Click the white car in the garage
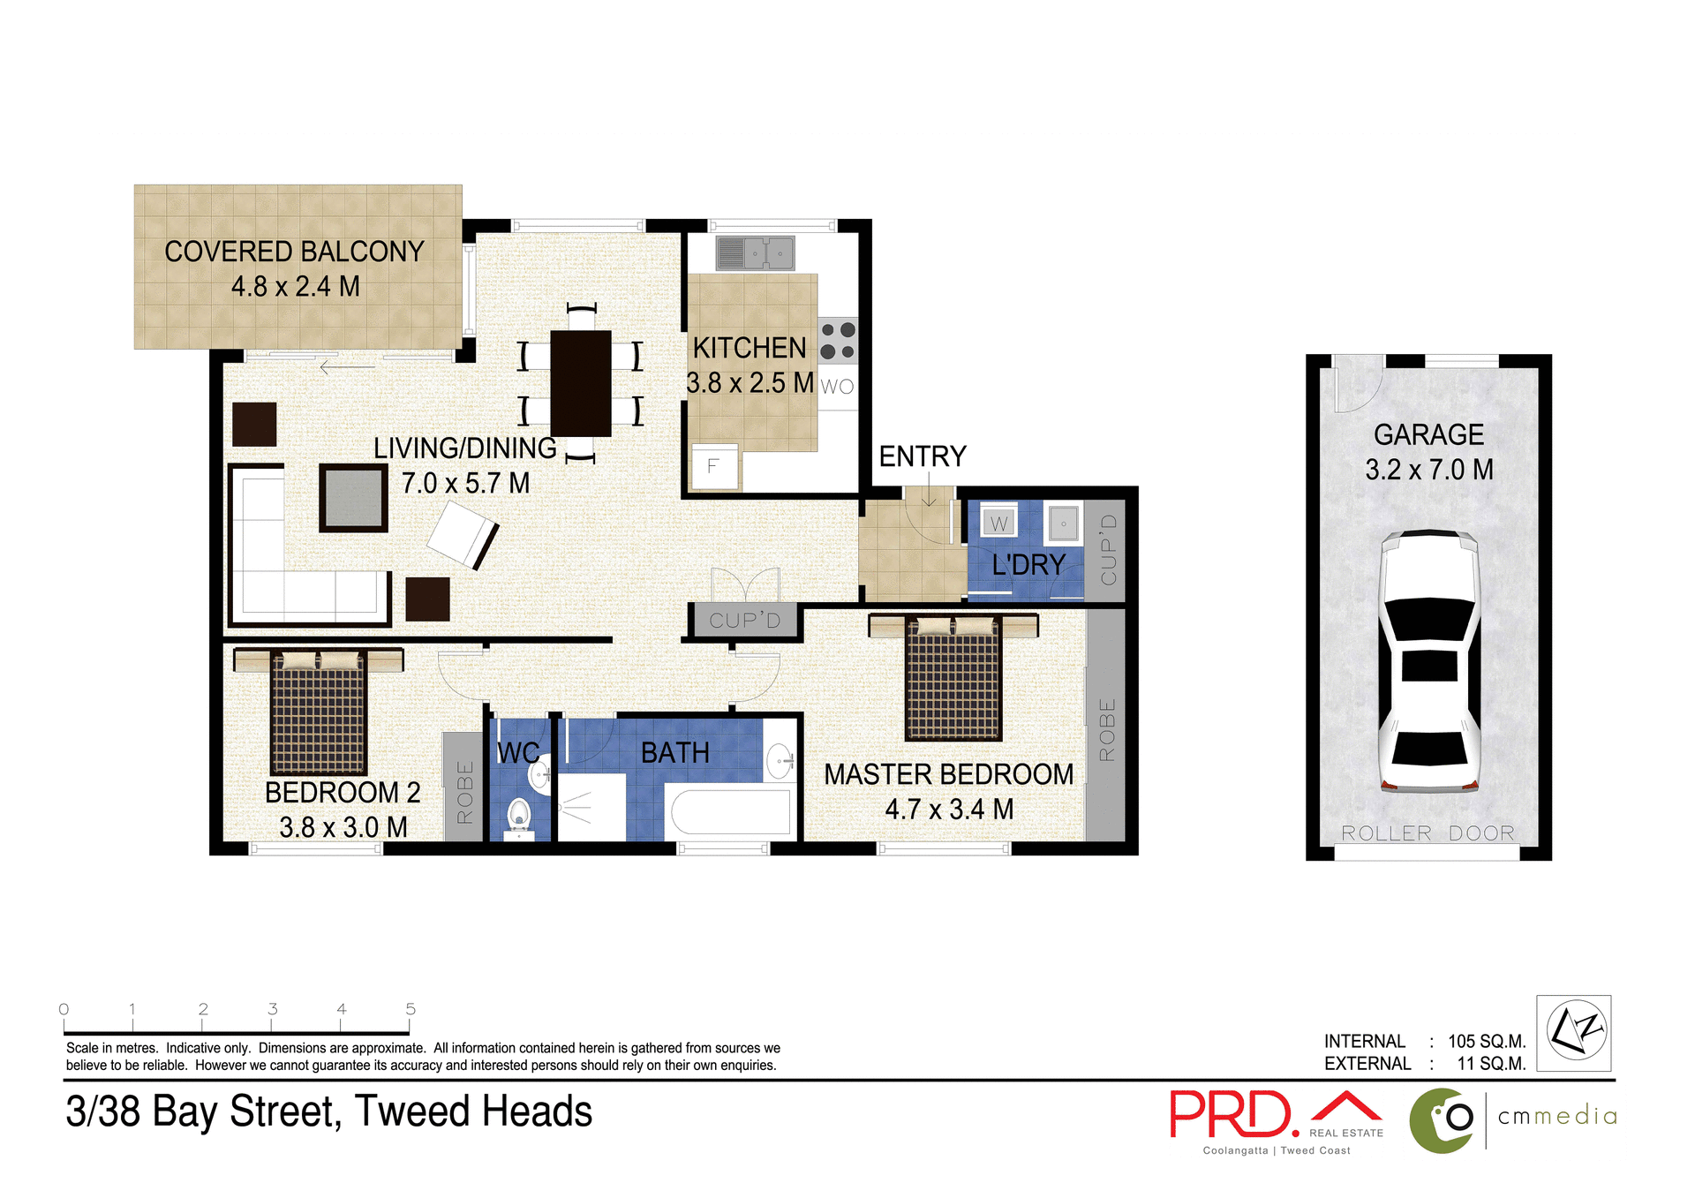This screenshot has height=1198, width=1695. [x=1429, y=662]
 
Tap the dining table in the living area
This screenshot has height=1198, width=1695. [x=580, y=383]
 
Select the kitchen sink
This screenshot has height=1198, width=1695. [x=756, y=253]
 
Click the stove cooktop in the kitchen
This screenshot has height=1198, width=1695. [x=837, y=341]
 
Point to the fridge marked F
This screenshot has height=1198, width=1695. [x=713, y=466]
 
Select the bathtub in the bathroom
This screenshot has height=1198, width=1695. [x=731, y=812]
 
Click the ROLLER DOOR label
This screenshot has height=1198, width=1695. [x=1428, y=833]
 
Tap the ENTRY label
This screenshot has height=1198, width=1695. [x=923, y=456]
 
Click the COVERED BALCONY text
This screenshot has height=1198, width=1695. [x=294, y=252]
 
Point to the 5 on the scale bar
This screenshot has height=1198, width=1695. [x=411, y=1008]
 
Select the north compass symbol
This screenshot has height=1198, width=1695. [x=1574, y=1032]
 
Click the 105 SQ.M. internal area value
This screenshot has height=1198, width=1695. [x=1487, y=1041]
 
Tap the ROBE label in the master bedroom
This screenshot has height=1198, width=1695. [x=1107, y=729]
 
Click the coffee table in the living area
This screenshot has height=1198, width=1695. [x=353, y=498]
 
